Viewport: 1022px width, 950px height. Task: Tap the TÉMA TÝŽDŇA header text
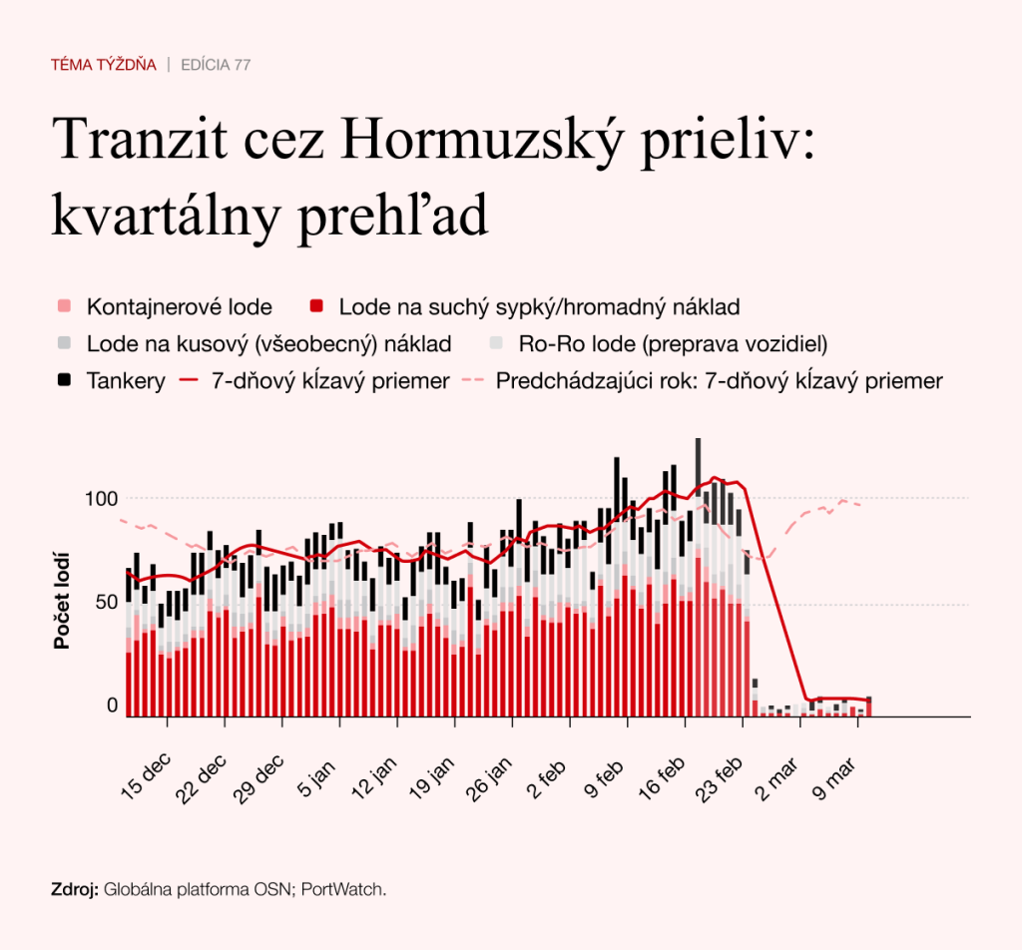104,65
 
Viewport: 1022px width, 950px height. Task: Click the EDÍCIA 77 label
216,65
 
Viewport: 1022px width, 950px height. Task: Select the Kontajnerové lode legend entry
179,306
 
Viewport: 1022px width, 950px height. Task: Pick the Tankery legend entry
126,381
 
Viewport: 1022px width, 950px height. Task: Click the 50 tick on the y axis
107,602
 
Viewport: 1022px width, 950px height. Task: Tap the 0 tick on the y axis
112,706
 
